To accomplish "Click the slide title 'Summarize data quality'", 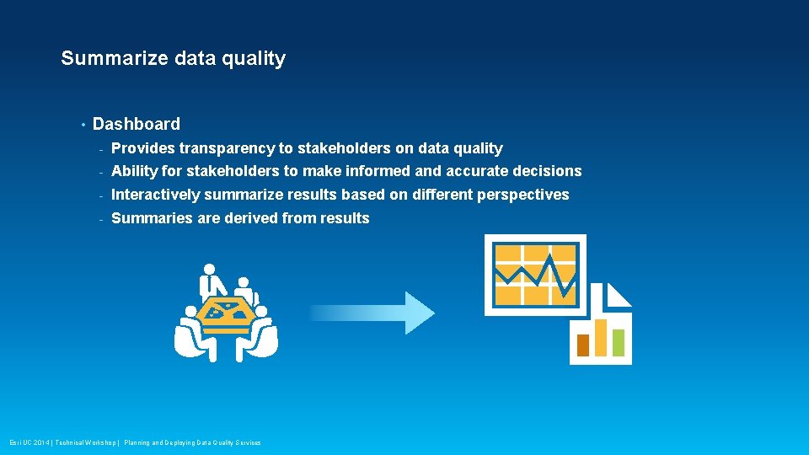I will (x=173, y=58).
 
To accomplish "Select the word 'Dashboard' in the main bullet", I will (x=136, y=124).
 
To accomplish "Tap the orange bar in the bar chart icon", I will (x=582, y=345).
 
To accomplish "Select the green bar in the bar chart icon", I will (x=619, y=341).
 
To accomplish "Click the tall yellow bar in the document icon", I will (x=601, y=337).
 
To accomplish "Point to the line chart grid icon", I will (x=535, y=275).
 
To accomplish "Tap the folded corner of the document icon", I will (x=619, y=294).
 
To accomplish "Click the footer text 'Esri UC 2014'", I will (x=29, y=442).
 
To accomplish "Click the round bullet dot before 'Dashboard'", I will (x=83, y=125).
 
